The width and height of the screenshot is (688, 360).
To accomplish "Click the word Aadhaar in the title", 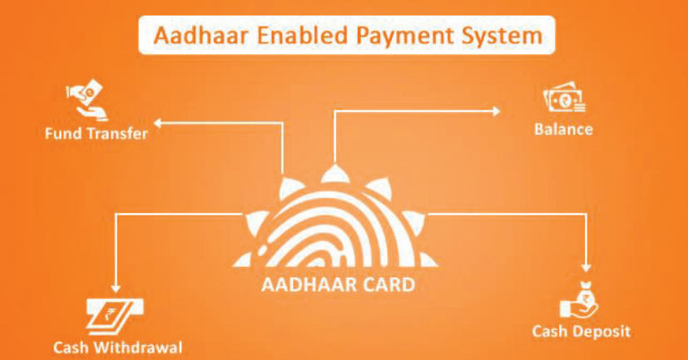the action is [x=202, y=36].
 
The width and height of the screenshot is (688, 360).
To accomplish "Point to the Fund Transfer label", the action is [x=97, y=134].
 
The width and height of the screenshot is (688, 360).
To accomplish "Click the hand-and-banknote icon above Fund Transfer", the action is [x=87, y=100].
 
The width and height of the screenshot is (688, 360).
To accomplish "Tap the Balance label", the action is [x=563, y=130].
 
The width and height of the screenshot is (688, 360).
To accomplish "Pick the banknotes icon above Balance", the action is [x=564, y=97].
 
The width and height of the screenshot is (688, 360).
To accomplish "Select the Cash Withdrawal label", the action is [x=117, y=348].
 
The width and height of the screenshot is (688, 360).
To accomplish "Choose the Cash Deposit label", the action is [x=582, y=332].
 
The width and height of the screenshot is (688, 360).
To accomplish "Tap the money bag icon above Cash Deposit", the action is [x=579, y=301].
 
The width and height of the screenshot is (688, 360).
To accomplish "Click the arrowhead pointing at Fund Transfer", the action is [x=158, y=123].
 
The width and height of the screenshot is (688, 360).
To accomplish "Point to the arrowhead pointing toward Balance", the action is [x=497, y=111].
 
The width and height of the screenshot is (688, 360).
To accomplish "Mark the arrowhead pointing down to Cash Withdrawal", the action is [x=116, y=288].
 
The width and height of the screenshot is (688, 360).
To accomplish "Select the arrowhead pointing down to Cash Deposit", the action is [x=587, y=267].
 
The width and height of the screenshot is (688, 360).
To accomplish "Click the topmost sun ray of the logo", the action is [x=334, y=174].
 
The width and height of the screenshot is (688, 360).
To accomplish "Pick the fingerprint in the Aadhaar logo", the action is [x=335, y=230].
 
